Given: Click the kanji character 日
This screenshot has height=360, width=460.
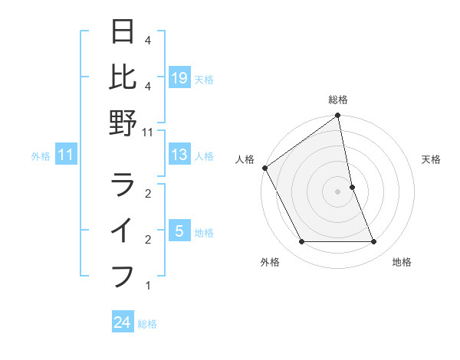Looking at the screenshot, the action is [x=123, y=32].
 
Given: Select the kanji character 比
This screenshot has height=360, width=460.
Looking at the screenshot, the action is [x=123, y=77].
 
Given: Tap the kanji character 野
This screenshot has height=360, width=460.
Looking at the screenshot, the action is [x=123, y=123].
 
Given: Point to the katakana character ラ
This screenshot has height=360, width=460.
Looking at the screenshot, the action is [x=123, y=185].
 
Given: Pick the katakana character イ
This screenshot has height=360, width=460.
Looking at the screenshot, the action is [x=123, y=230].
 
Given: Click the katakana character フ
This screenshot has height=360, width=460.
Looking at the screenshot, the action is [x=123, y=275].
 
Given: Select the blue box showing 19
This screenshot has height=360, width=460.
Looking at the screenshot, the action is [x=179, y=78].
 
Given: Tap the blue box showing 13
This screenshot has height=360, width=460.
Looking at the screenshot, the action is [x=179, y=155].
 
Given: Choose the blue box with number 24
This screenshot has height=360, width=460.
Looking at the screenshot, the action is [x=123, y=323].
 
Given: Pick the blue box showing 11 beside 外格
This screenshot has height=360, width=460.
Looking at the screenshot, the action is [x=66, y=155].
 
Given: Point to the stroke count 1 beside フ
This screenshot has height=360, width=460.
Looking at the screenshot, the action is [x=148, y=286].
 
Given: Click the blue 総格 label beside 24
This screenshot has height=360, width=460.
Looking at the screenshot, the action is [x=147, y=324].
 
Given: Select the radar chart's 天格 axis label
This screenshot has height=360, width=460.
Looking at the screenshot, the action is [x=431, y=159].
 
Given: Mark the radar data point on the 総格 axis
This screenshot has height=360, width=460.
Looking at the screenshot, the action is [x=338, y=116].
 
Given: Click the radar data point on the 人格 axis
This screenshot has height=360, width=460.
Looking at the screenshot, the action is [x=264, y=168].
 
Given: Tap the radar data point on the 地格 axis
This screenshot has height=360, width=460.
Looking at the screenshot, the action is [x=374, y=242].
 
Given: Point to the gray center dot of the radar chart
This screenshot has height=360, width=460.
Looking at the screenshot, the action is [x=338, y=191].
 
